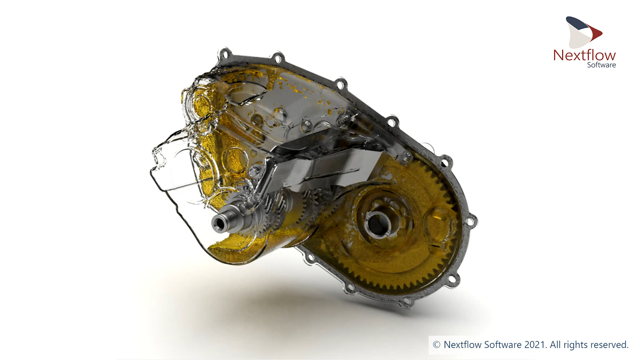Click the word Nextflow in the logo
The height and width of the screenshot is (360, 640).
coord(584,55)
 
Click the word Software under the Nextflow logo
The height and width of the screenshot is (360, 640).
coord(601,65)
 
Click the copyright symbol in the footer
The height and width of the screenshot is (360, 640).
coord(436,345)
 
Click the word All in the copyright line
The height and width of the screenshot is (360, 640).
coord(555,345)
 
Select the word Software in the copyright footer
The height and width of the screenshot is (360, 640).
coord(503,345)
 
